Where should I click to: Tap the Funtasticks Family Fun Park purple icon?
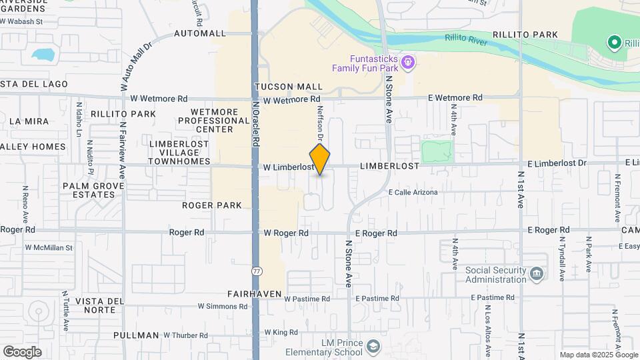409,63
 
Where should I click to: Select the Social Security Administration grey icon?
537,274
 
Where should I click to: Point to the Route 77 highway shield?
257,271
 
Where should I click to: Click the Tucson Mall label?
288,87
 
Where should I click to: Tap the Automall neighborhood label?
200,33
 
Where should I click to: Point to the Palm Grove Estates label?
89,190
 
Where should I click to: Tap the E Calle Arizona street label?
413,192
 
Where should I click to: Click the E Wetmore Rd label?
455,98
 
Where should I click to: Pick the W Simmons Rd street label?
222,306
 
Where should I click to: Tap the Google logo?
22,351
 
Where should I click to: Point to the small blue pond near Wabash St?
42,53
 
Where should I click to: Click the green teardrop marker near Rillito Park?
614,43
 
